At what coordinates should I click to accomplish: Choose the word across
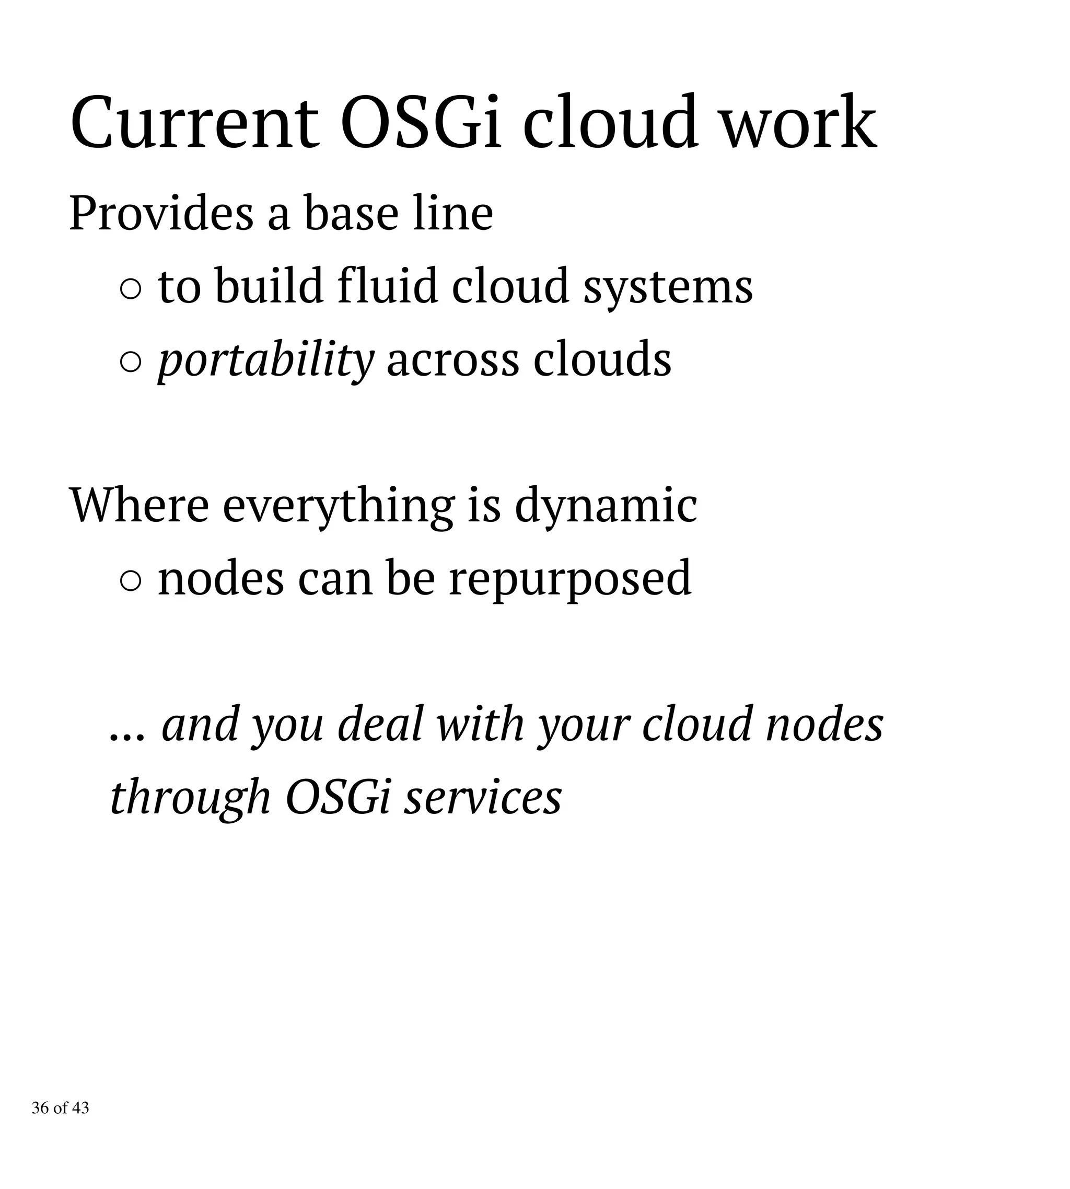452,360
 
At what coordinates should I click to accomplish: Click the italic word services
483,798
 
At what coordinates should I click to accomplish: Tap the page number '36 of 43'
61,1108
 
